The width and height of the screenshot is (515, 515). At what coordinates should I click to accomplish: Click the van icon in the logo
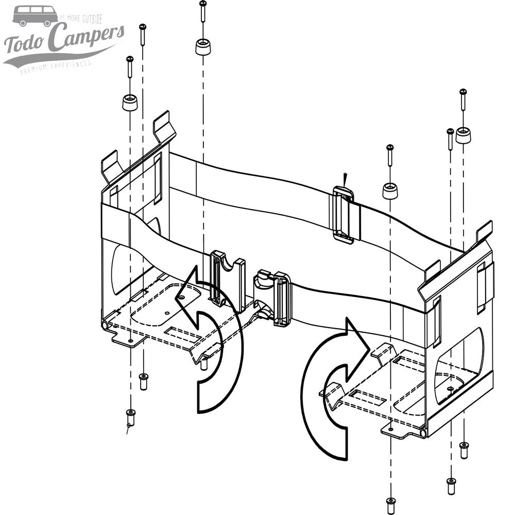point(36,15)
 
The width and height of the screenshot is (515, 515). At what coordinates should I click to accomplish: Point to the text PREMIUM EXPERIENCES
point(56,66)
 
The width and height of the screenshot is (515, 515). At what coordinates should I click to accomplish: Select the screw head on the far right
point(463,93)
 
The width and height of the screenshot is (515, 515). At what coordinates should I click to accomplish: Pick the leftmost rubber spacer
point(129,102)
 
